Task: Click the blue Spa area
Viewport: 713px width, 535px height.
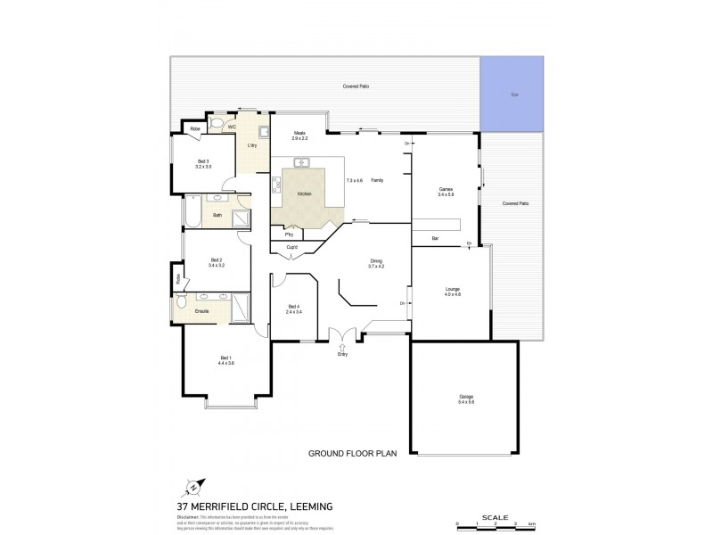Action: [512, 93]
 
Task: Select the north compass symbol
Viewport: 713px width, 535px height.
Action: [193, 489]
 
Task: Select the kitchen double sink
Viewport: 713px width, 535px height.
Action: [303, 163]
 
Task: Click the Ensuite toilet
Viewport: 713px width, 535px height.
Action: [182, 302]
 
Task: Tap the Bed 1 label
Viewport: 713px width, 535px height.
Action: [226, 359]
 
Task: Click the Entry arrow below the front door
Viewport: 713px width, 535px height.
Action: [341, 347]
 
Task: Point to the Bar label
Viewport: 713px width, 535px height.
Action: [436, 238]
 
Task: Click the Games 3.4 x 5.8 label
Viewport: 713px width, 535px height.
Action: [447, 193]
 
